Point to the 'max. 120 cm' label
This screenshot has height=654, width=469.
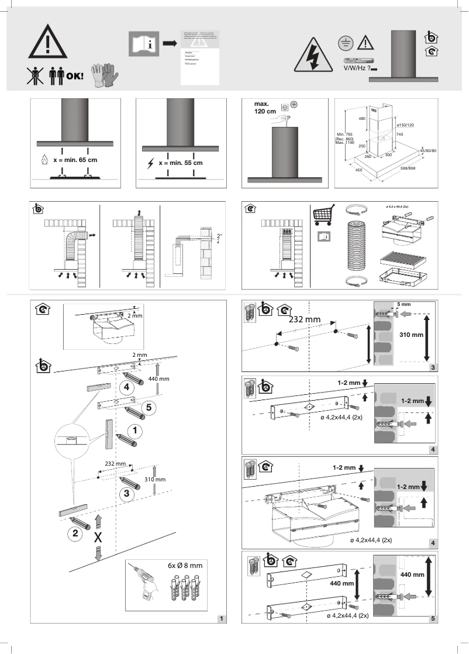point(265,108)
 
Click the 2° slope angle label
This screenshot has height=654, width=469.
point(219,236)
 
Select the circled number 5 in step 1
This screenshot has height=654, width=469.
point(149,408)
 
